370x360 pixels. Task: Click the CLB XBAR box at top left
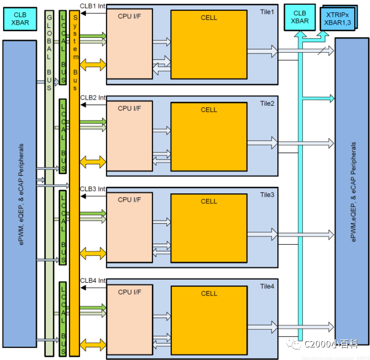coord(19,18)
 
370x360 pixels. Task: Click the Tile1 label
coord(267,12)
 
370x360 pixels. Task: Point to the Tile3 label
coord(267,194)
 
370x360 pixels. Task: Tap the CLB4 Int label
coord(93,280)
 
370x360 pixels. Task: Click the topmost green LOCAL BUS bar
coord(62,48)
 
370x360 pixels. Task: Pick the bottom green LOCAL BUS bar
coord(62,319)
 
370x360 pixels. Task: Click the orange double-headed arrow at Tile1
coord(93,65)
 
